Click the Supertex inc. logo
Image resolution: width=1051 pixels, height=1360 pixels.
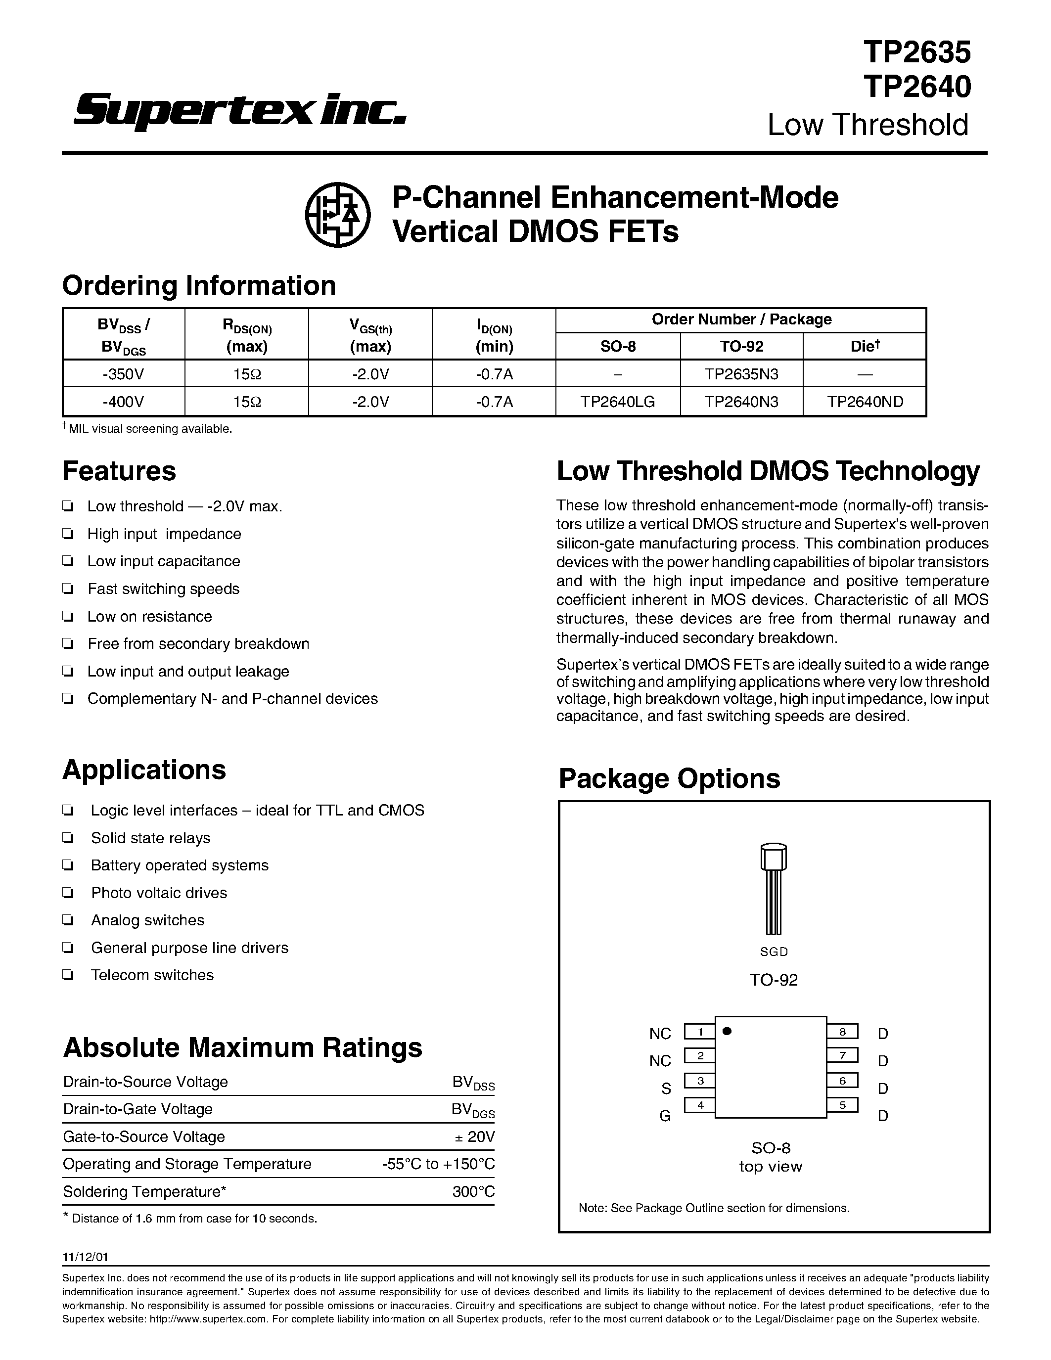pyautogui.click(x=240, y=110)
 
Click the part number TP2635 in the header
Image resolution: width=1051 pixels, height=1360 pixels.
pyautogui.click(x=916, y=52)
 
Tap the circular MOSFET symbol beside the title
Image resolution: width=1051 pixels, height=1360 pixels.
pyautogui.click(x=337, y=214)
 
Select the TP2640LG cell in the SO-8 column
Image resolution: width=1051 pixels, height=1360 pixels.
pyautogui.click(x=617, y=402)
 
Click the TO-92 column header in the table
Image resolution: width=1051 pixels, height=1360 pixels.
pyautogui.click(x=741, y=346)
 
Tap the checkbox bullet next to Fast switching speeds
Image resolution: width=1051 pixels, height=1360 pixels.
pyautogui.click(x=68, y=589)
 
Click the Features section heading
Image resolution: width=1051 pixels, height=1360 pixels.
pyautogui.click(x=119, y=471)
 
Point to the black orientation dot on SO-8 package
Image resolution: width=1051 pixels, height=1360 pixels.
pyautogui.click(x=727, y=1031)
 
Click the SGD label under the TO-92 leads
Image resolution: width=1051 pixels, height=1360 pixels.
pyautogui.click(x=774, y=952)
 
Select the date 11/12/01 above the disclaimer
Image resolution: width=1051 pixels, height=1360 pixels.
pyautogui.click(x=85, y=1257)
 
